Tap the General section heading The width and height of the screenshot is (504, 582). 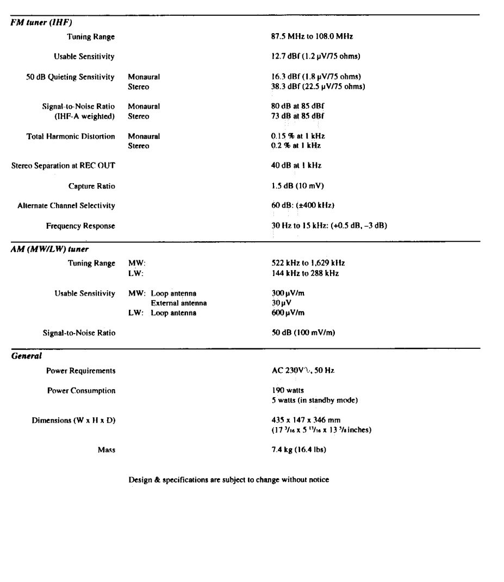[x=26, y=356]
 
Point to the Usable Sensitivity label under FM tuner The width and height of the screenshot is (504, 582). [x=84, y=57]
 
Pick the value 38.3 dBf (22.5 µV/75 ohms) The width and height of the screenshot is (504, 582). [x=318, y=86]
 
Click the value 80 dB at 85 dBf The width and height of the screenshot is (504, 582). [x=301, y=107]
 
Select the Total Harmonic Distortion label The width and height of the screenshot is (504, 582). [x=71, y=136]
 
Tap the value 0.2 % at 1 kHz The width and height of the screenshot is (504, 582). [x=296, y=146]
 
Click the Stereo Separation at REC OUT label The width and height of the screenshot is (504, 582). [x=63, y=166]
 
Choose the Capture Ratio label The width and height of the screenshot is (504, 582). [x=92, y=186]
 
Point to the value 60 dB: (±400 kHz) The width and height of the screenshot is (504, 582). [x=303, y=205]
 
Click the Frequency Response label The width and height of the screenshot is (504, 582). [x=80, y=226]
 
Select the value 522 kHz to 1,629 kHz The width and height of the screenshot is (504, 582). [x=308, y=264]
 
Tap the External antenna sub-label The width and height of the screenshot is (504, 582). [x=178, y=303]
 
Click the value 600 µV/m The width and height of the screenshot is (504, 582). [x=288, y=312]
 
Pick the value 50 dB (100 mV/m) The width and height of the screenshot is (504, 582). [x=303, y=333]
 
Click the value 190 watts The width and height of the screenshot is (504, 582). [x=288, y=390]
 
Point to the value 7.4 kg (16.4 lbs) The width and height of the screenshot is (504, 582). [x=298, y=450]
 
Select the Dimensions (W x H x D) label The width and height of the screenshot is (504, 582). [x=73, y=421]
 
